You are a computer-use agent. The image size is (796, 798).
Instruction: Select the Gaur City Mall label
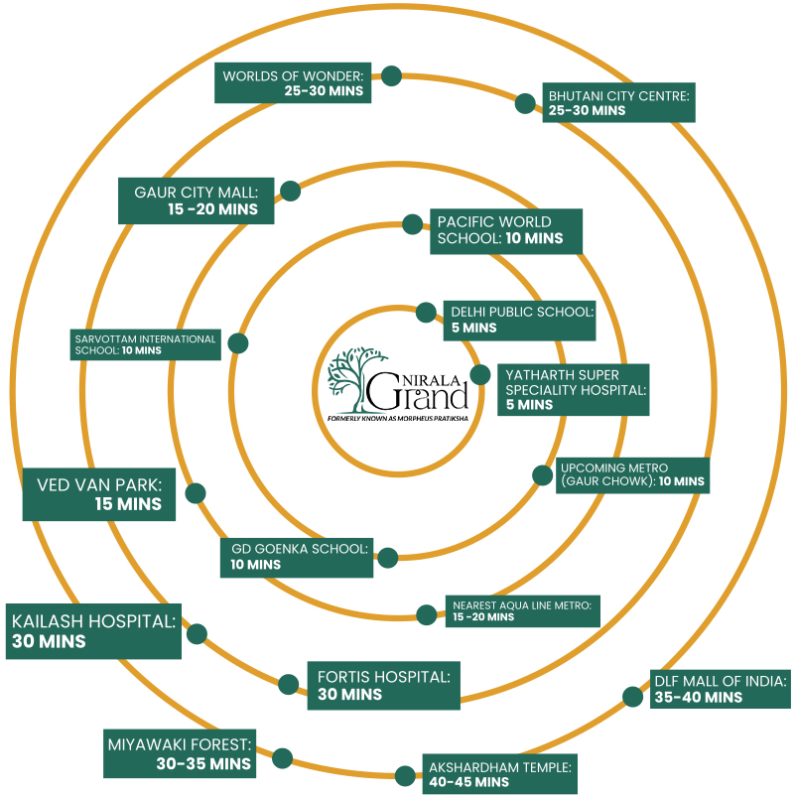click(x=195, y=200)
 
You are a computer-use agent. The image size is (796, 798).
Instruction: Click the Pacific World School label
click(x=504, y=230)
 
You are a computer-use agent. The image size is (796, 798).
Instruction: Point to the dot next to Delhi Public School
click(x=426, y=313)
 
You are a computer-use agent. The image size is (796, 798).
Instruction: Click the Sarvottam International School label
click(x=145, y=344)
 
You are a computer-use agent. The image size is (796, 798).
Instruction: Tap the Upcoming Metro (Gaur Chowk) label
click(x=631, y=474)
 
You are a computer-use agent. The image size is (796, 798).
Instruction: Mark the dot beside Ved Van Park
click(x=196, y=492)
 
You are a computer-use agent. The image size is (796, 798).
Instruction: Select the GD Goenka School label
click(x=297, y=556)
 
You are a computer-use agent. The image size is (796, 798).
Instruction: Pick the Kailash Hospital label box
click(x=93, y=631)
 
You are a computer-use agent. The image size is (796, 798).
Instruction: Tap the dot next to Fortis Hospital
click(x=288, y=683)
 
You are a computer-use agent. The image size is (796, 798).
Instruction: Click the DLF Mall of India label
click(x=720, y=689)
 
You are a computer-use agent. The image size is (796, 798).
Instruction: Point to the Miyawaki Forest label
click(x=179, y=753)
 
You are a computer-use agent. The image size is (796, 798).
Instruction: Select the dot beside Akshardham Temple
click(x=404, y=775)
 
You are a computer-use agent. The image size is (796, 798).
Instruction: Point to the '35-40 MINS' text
click(x=698, y=698)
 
